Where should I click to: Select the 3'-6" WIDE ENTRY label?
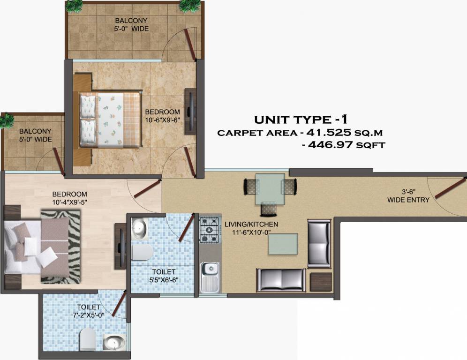point(408,196)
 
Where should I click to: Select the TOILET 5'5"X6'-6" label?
point(163,276)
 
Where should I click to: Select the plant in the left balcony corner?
point(7,120)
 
